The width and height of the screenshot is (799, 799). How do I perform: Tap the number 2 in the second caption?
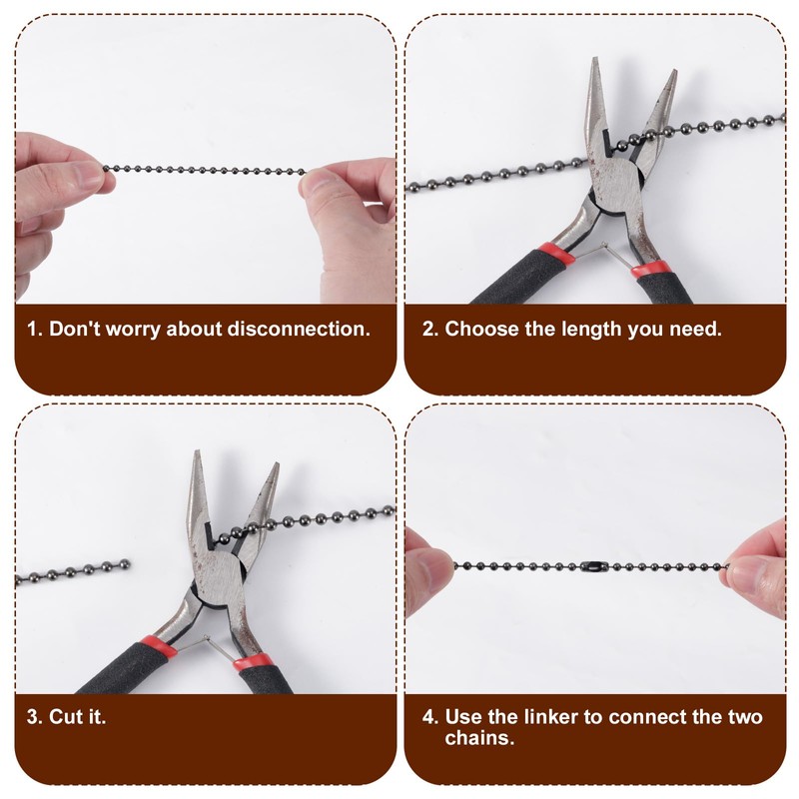click(428, 329)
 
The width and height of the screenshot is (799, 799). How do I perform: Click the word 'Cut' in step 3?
click(63, 717)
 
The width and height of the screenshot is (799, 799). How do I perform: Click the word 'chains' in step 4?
click(478, 739)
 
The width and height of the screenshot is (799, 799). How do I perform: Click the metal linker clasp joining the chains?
click(595, 567)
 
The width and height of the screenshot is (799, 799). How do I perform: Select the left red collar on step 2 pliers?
click(555, 256)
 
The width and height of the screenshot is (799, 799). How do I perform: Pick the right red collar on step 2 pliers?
click(649, 269)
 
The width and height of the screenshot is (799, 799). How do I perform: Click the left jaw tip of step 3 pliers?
click(196, 460)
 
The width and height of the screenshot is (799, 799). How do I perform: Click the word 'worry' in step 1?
click(134, 329)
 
